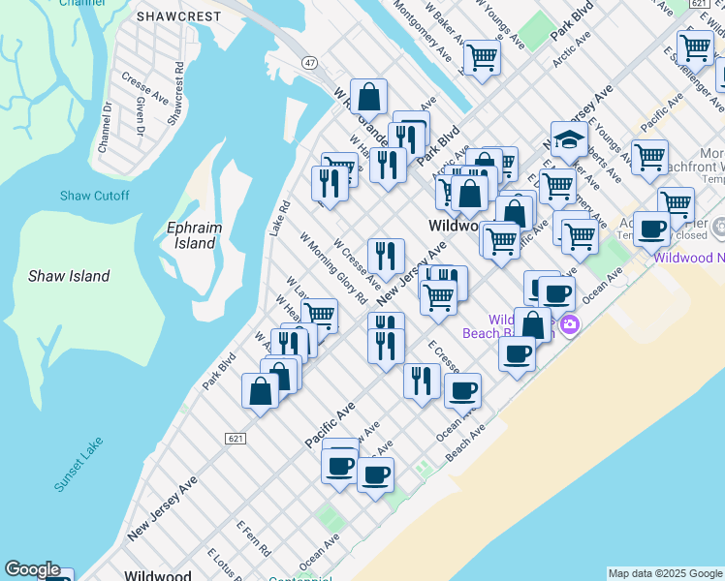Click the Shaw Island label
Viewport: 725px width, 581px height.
click(69, 276)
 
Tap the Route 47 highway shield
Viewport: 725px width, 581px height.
click(309, 62)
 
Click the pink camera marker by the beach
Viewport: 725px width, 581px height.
click(569, 324)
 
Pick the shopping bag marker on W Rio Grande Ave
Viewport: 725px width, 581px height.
click(368, 97)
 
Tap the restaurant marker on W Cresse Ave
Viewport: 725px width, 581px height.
click(386, 256)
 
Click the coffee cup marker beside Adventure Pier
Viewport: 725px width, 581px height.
click(651, 229)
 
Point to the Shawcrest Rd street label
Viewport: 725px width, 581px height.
click(174, 94)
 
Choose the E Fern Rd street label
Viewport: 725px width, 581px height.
click(254, 537)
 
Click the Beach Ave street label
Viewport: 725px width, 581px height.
click(465, 441)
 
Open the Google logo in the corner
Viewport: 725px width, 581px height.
click(32, 569)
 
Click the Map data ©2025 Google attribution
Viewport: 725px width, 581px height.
click(665, 573)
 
